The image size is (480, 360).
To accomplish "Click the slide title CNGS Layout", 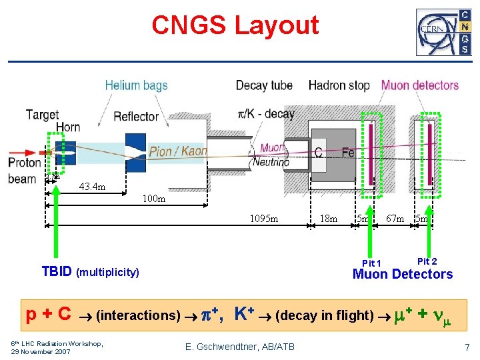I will point(235,26).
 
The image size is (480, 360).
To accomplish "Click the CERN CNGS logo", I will point(443,32).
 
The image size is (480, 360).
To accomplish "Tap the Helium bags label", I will point(136,85).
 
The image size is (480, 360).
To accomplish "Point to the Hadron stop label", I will point(339,85).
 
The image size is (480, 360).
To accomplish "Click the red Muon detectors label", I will point(420,85).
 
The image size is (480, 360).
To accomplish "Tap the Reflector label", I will point(136,117).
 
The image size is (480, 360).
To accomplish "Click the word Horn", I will point(68,127).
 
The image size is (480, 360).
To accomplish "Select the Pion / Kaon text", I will point(178,151).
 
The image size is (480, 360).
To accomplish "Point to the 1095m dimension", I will point(264,219).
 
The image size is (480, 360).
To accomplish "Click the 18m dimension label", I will point(329,219).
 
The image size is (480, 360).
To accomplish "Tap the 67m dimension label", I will point(395,219).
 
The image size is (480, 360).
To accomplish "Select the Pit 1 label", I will point(371,263).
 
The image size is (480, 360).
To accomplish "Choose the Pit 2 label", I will point(427,261).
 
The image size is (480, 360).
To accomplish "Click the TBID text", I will point(57,271).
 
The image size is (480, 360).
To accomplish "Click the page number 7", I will point(467,347).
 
